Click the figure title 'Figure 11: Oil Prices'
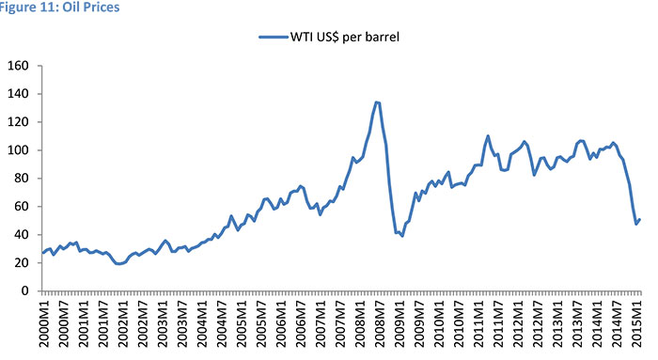(58, 8)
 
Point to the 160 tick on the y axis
(19, 66)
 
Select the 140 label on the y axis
(19, 94)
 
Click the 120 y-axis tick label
(19, 122)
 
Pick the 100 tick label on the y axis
(19, 150)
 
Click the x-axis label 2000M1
(44, 325)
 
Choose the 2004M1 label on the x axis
(202, 325)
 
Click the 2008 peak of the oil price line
(377, 102)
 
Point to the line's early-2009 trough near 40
(401, 235)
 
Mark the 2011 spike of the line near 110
(488, 135)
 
